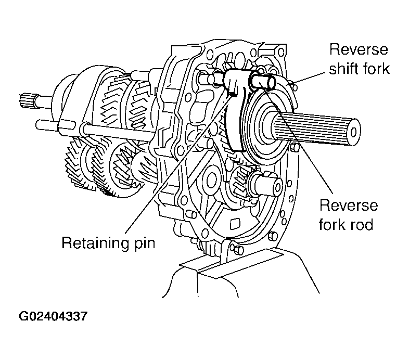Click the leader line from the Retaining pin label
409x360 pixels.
point(172,172)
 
